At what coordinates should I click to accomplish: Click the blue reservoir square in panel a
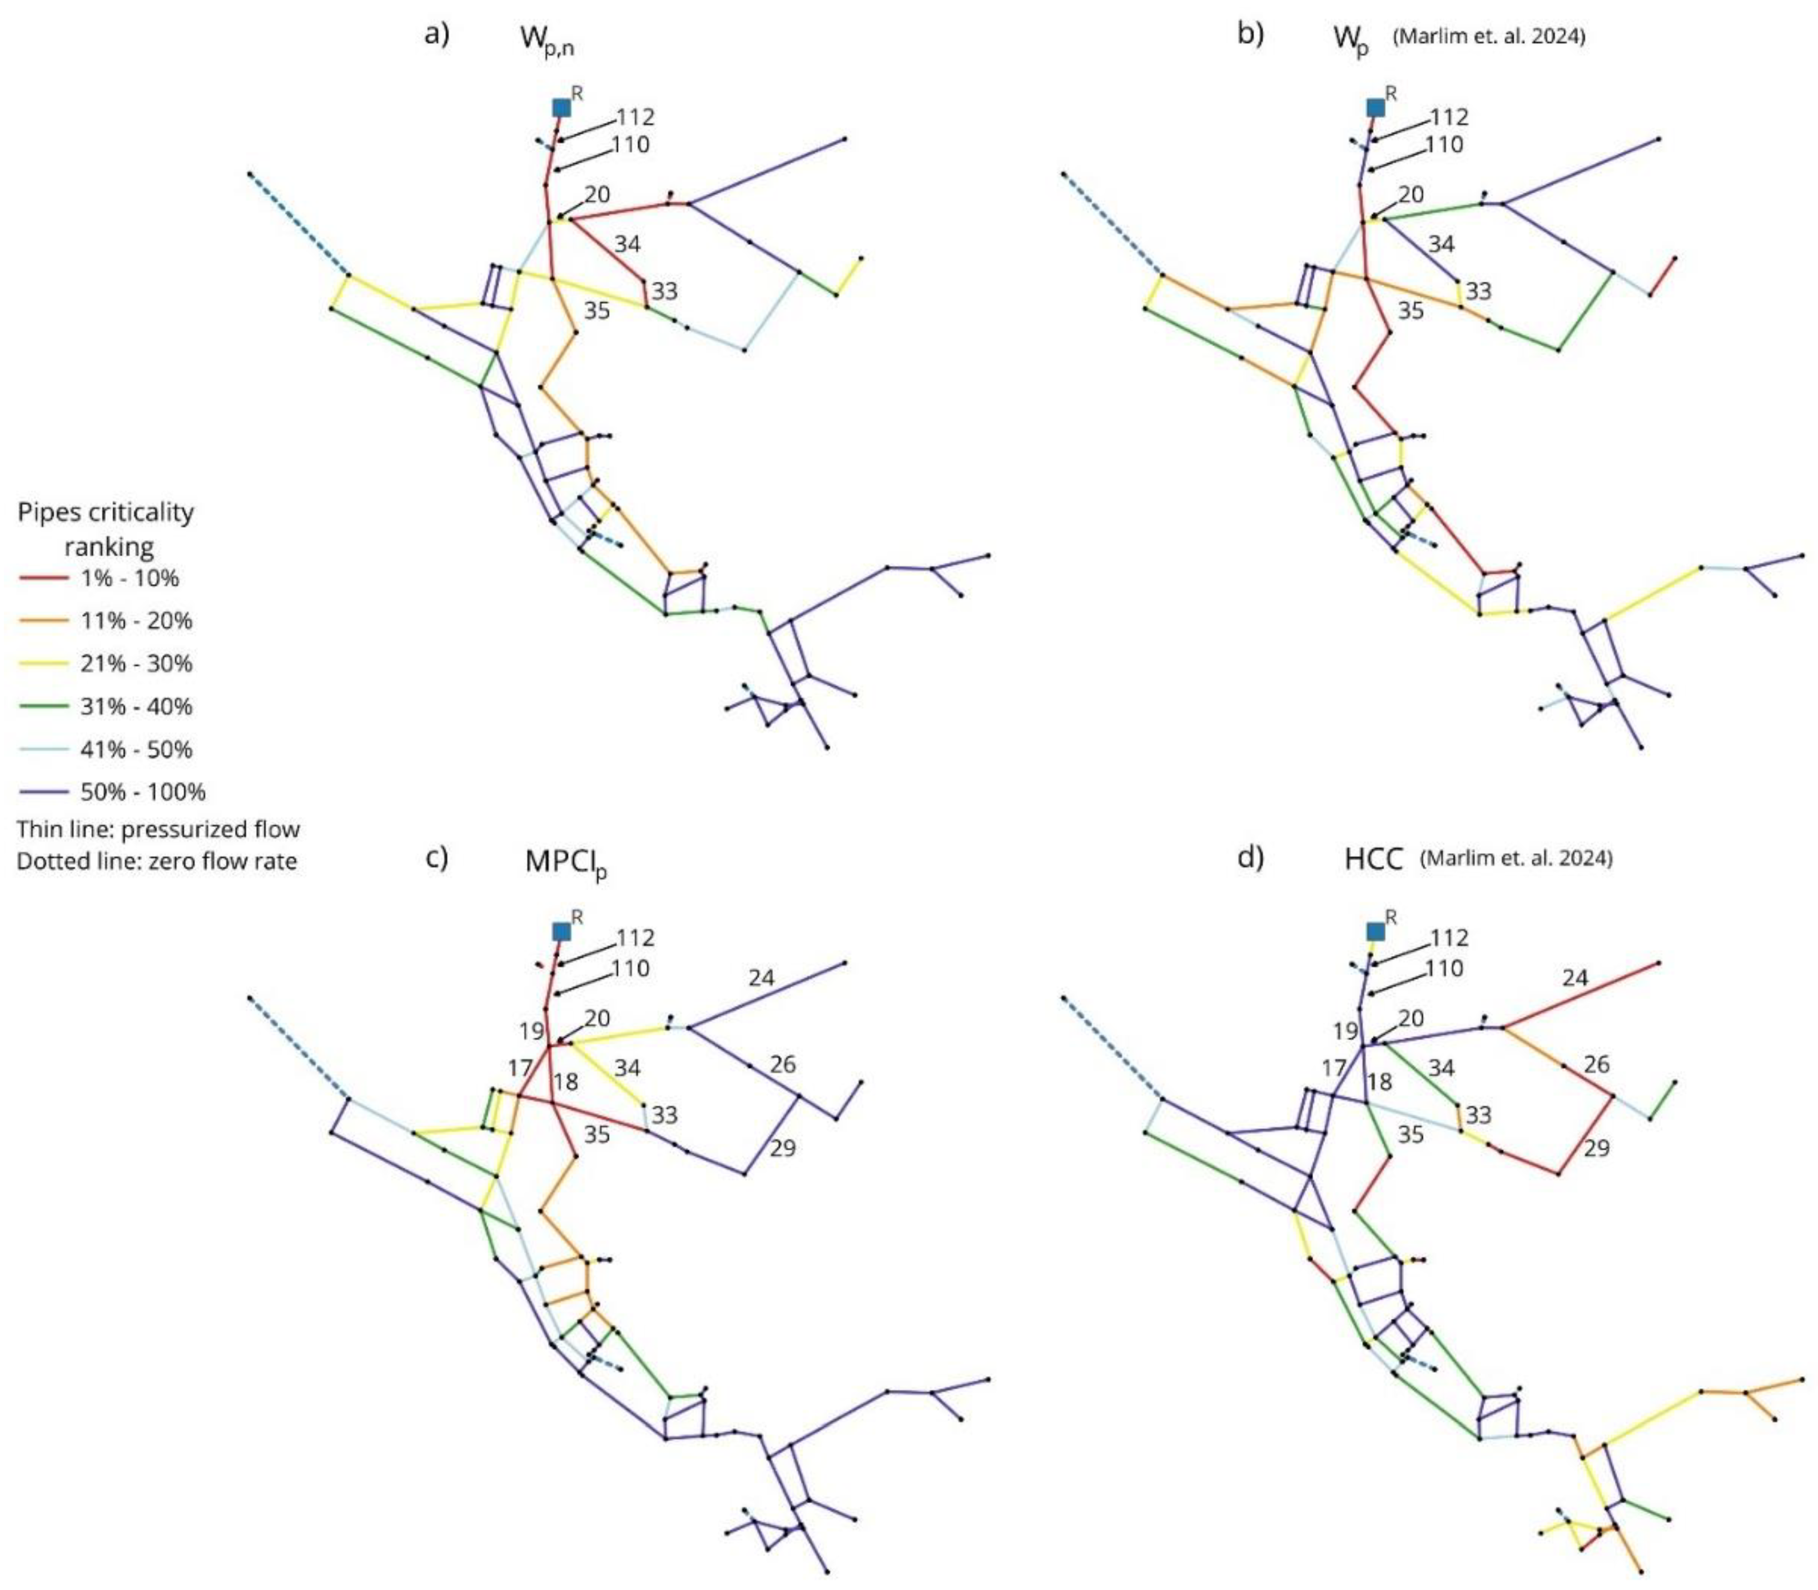click(561, 107)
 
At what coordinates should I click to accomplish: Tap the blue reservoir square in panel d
click(1375, 931)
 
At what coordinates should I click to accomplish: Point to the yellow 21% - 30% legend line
click(43, 664)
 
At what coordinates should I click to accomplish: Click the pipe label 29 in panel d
click(1597, 1148)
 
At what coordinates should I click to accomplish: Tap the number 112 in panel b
click(1449, 117)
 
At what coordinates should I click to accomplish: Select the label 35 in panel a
click(597, 311)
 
